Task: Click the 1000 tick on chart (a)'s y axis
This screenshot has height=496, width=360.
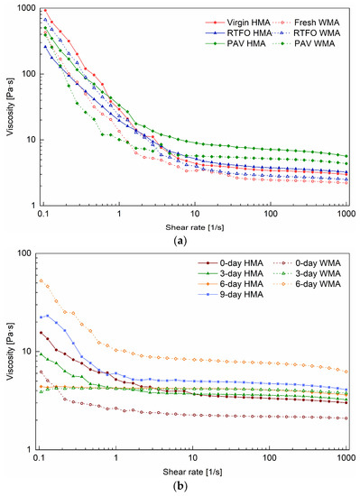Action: coord(26,9)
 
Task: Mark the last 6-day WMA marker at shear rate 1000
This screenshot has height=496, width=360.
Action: coord(347,372)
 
